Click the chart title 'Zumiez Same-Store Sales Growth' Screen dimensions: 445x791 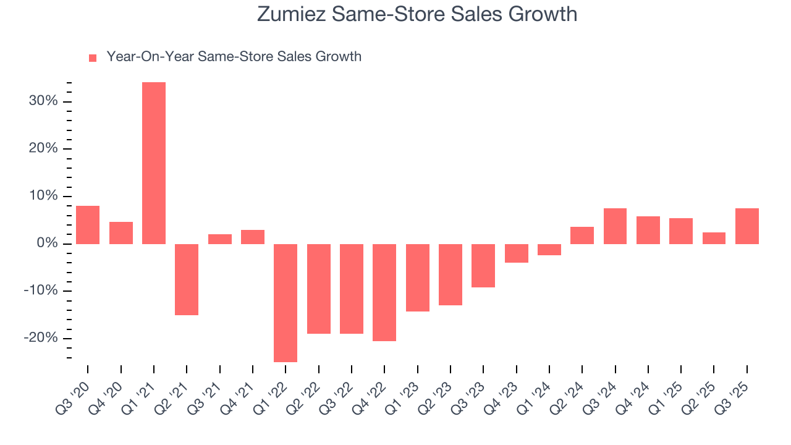417,14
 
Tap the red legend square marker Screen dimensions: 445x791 93,57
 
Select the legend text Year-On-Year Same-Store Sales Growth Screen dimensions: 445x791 234,57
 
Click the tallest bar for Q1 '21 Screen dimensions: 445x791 154,163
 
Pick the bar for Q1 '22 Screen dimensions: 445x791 286,303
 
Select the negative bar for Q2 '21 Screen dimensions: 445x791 187,279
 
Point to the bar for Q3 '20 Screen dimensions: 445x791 88,225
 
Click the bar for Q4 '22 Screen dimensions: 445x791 384,292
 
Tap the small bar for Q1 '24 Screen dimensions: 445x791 549,250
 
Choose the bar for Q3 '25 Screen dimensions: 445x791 747,226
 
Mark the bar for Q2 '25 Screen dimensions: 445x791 714,238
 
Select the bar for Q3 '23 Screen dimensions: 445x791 483,266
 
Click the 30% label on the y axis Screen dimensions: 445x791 43,101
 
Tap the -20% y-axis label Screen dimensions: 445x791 41,338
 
